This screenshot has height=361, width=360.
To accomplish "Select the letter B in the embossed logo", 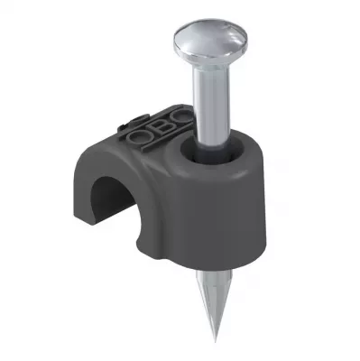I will coord(157,128).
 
